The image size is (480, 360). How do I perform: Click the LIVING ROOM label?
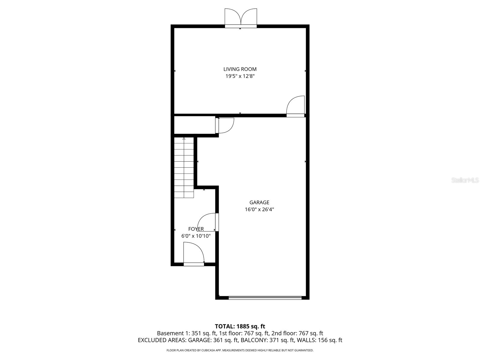click(x=240, y=69)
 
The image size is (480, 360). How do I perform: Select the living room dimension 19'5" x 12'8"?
click(x=240, y=76)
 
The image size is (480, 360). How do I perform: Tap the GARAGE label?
click(x=259, y=202)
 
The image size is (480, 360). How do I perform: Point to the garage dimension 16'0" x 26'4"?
click(x=259, y=209)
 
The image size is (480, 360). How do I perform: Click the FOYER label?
click(x=196, y=229)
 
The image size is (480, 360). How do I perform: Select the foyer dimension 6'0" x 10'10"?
click(x=196, y=236)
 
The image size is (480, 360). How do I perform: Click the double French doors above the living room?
click(x=241, y=18)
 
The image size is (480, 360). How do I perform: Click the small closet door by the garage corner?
click(x=224, y=125)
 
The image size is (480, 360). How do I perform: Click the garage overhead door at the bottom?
click(x=265, y=298)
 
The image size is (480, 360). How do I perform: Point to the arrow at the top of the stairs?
click(x=184, y=139)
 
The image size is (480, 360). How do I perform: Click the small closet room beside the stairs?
click(x=194, y=125)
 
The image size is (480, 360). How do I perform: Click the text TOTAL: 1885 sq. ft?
click(x=240, y=326)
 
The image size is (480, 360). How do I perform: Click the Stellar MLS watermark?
click(x=465, y=180)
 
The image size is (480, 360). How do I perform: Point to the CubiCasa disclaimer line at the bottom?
click(x=240, y=350)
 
